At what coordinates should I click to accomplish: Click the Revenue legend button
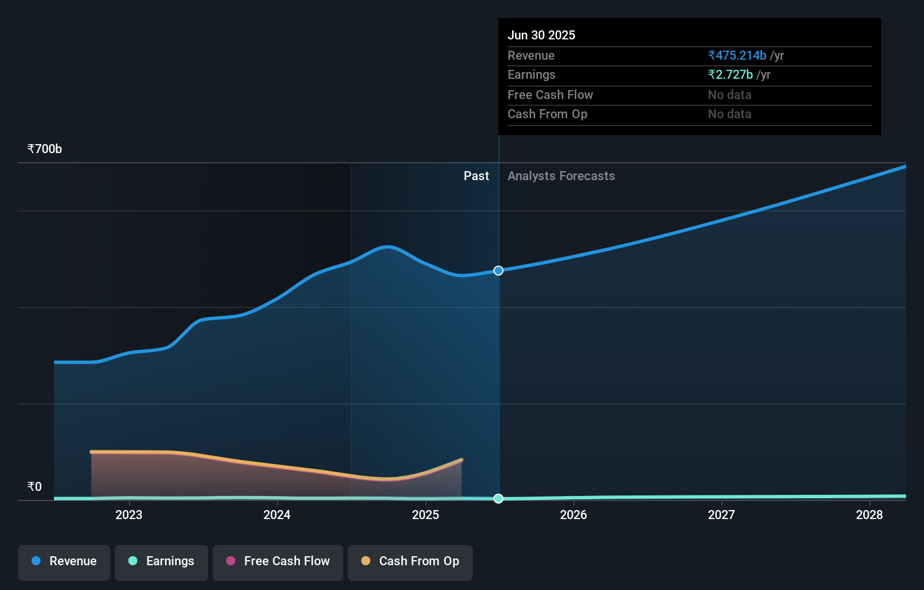pos(64,561)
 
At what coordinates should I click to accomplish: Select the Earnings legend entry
pos(162,561)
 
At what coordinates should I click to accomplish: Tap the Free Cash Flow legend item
pos(278,561)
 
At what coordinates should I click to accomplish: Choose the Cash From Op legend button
pos(410,561)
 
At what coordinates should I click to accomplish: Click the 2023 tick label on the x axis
pos(129,515)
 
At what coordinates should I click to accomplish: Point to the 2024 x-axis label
pos(277,515)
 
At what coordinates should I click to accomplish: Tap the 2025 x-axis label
pos(425,515)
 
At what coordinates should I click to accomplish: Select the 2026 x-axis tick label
pos(573,515)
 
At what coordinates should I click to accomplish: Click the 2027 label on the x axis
pos(721,515)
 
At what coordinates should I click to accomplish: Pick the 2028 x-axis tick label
pos(869,515)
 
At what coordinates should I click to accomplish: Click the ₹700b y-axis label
pos(44,149)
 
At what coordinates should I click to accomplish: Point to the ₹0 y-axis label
pos(34,487)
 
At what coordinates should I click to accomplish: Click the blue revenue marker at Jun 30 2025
pos(499,271)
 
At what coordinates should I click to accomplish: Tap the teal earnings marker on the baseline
pos(499,498)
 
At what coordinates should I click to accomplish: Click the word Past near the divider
pos(476,176)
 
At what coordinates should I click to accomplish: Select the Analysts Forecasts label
pos(561,176)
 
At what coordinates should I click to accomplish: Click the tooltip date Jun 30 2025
pos(541,35)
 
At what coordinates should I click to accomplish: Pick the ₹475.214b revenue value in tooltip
pos(737,55)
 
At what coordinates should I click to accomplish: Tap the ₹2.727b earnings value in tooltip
pos(730,75)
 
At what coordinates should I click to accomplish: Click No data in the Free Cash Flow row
pos(729,95)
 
